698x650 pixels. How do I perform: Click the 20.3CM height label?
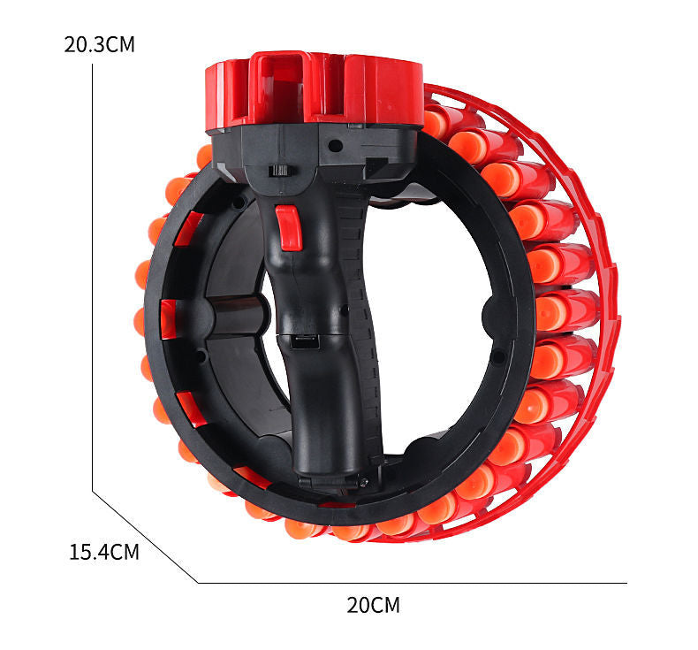[99, 44]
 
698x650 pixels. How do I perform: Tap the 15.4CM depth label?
[104, 552]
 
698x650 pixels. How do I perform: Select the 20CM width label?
[373, 605]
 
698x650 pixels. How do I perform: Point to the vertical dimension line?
[92, 278]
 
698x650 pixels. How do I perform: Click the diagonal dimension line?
[145, 537]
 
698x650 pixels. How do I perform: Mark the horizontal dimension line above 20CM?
[413, 583]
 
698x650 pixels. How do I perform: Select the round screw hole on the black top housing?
[335, 146]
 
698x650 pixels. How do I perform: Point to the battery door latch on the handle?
[305, 341]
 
